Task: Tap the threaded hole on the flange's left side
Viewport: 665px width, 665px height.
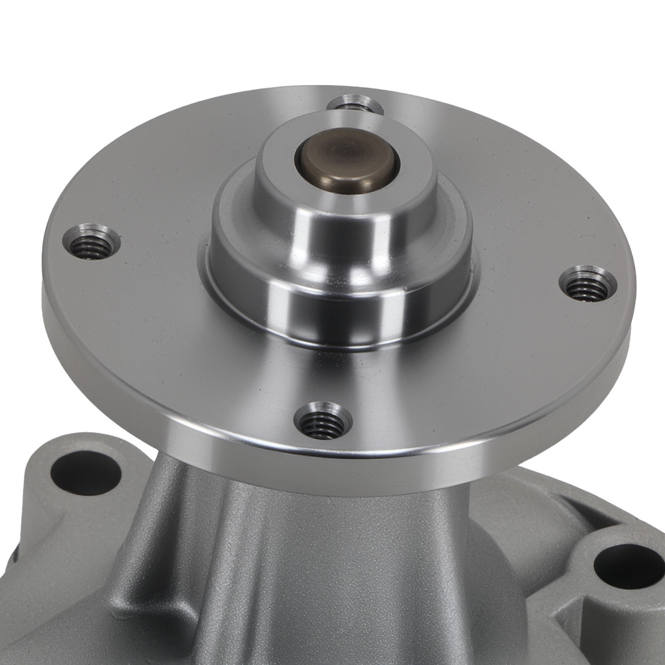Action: click(x=92, y=243)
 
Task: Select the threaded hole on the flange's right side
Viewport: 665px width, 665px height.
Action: click(x=587, y=284)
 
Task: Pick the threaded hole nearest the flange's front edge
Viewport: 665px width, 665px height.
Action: click(x=323, y=422)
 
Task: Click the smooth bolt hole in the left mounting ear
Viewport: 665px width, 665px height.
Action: click(x=85, y=473)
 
